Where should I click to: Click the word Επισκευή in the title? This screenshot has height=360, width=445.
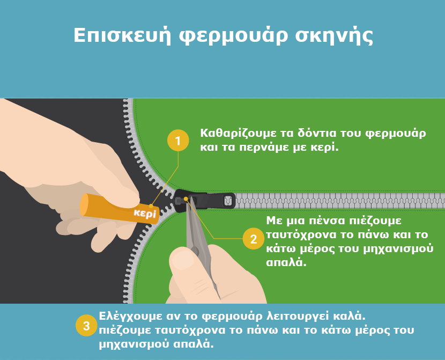(x=122, y=36)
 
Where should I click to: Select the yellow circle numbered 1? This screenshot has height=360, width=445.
(x=178, y=140)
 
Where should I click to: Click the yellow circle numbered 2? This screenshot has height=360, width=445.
(x=254, y=239)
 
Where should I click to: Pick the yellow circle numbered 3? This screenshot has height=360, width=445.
(x=86, y=326)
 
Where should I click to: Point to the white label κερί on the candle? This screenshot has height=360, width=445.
(x=145, y=213)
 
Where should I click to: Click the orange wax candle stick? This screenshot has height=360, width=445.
(x=119, y=208)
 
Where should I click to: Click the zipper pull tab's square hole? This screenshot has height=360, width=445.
(x=228, y=201)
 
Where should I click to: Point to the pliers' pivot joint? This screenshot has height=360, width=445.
(x=195, y=250)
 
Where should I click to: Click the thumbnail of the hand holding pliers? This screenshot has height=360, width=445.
(x=179, y=260)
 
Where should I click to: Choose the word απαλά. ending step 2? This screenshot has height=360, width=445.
(x=286, y=262)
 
